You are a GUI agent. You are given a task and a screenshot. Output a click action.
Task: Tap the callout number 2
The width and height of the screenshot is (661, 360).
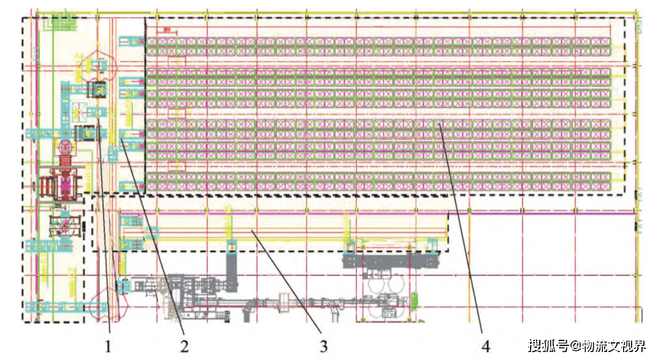click(x=184, y=346)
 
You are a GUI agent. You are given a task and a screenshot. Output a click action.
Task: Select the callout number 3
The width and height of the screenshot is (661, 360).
click(x=324, y=347)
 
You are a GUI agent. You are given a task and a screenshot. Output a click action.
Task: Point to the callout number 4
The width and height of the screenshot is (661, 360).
click(x=485, y=346)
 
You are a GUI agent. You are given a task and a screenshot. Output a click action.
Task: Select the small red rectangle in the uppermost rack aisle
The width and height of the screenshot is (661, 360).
click(x=177, y=61)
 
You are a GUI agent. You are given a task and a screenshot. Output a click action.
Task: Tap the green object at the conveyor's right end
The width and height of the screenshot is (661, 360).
click(x=416, y=299)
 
